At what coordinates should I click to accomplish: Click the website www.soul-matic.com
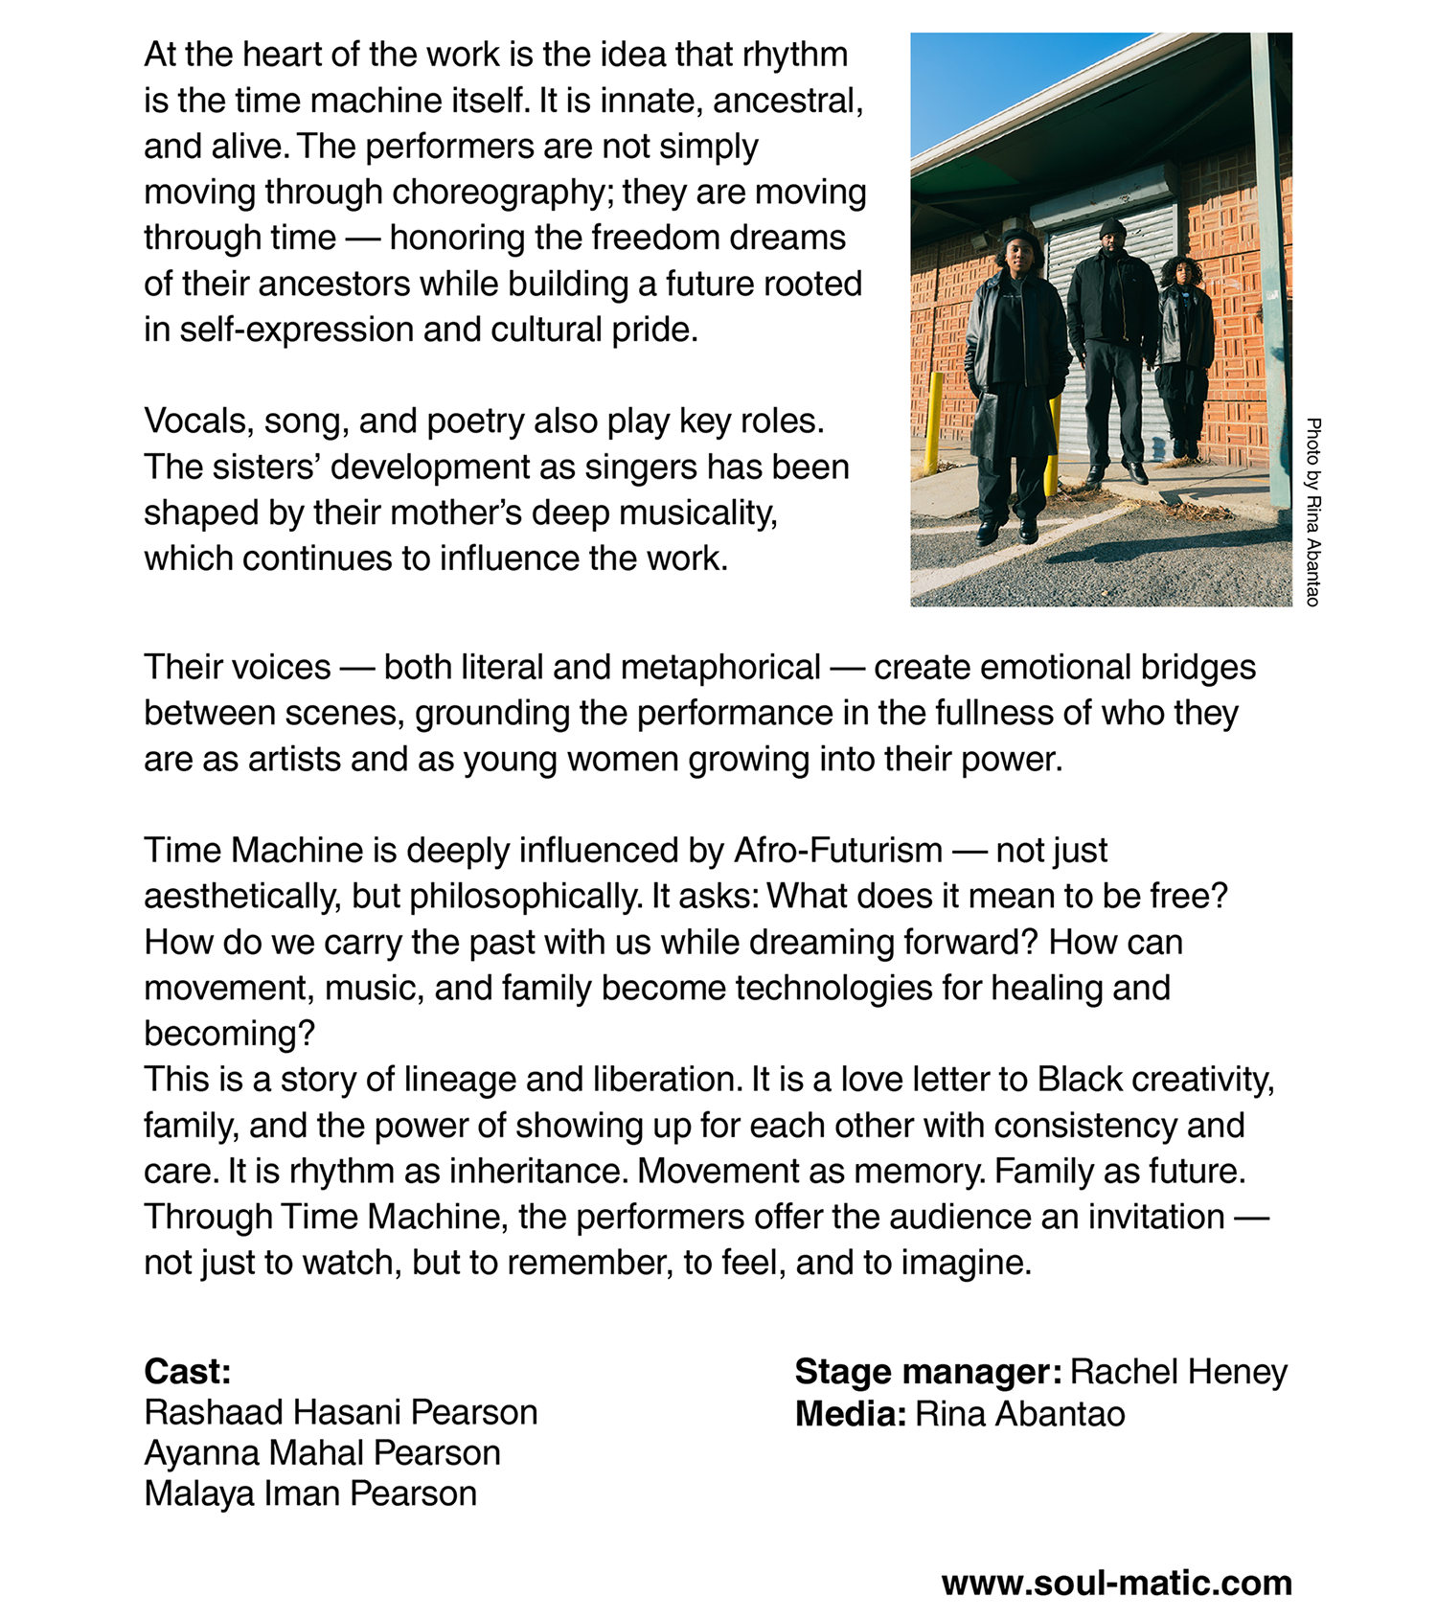pos(1116,1582)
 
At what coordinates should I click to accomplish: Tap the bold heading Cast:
pos(188,1371)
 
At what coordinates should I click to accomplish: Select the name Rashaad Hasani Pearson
pos(340,1412)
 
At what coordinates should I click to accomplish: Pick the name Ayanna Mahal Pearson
pos(322,1452)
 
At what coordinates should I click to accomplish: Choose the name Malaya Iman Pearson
pos(310,1493)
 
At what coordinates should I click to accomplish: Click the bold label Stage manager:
pos(927,1371)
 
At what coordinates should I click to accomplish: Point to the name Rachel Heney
pos(1178,1371)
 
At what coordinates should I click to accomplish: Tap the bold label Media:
pos(850,1413)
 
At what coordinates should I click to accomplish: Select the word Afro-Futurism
pos(838,850)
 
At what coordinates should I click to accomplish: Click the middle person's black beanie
pos(1112,227)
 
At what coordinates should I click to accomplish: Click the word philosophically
pos(525,896)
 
